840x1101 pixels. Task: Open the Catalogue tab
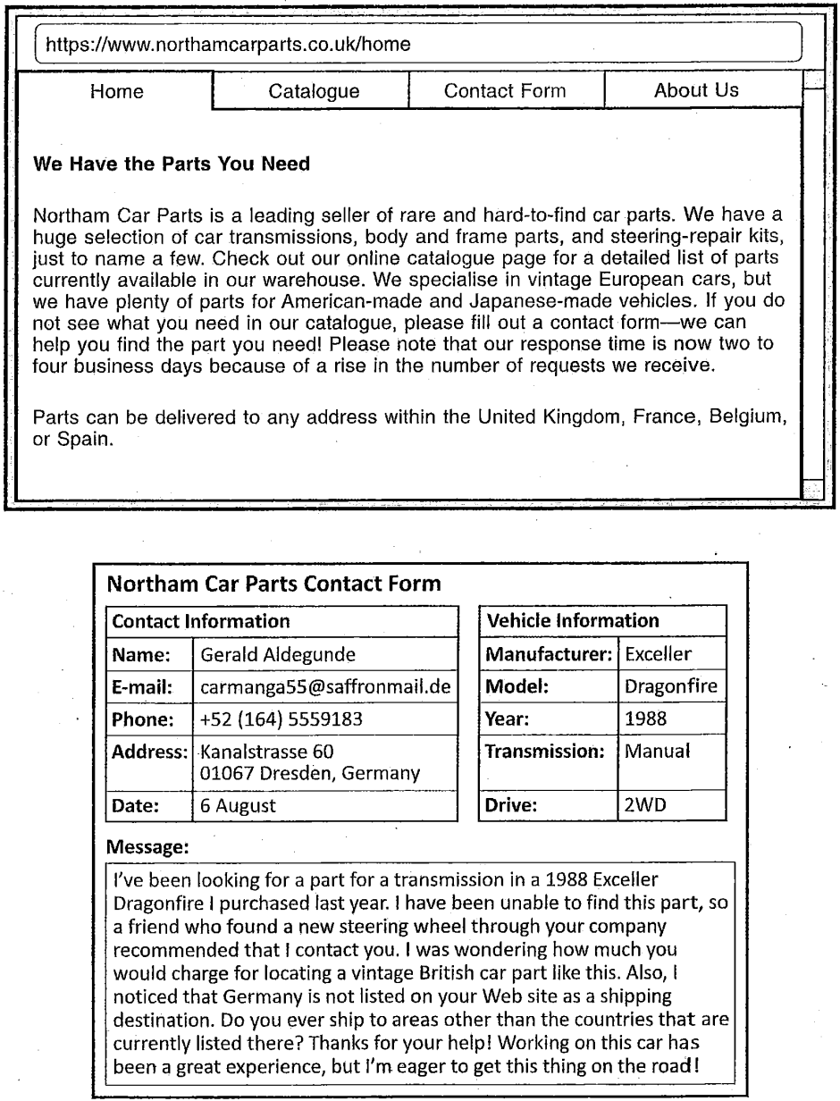[x=314, y=91]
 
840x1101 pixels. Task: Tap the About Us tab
[x=696, y=90]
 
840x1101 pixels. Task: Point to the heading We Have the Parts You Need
[x=171, y=164]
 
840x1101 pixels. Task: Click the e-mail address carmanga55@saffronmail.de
[x=324, y=687]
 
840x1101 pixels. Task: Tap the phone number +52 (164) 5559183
[x=281, y=719]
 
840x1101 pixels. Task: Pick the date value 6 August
[x=238, y=805]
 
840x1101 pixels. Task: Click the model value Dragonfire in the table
[x=670, y=687]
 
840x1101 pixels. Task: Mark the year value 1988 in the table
[x=646, y=719]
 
